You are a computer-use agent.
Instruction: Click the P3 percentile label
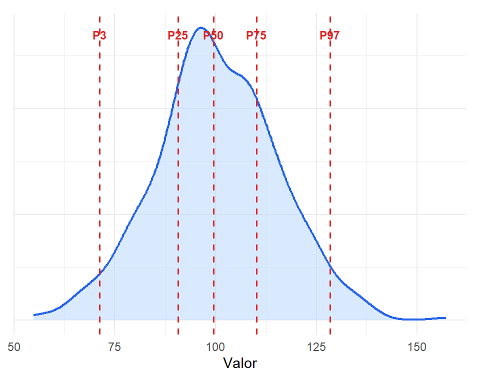pyautogui.click(x=99, y=35)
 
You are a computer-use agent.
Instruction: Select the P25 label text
pyautogui.click(x=177, y=35)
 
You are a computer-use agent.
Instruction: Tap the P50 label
pyautogui.click(x=213, y=35)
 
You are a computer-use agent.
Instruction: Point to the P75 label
pyautogui.click(x=256, y=35)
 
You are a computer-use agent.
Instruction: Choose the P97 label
pyautogui.click(x=329, y=35)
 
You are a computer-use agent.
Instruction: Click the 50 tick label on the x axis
pyautogui.click(x=14, y=347)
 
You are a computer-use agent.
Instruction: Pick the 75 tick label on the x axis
pyautogui.click(x=114, y=347)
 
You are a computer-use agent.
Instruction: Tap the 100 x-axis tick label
pyautogui.click(x=215, y=347)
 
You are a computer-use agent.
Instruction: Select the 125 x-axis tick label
pyautogui.click(x=316, y=347)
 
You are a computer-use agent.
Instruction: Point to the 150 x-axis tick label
pyautogui.click(x=417, y=347)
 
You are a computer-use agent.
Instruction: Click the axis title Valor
pyautogui.click(x=240, y=363)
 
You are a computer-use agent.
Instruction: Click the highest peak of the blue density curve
pyautogui.click(x=200, y=27)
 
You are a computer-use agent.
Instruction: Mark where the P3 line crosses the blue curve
pyautogui.click(x=100, y=274)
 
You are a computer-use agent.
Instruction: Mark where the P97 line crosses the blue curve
pyautogui.click(x=330, y=266)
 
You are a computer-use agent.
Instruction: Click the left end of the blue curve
pyautogui.click(x=33, y=315)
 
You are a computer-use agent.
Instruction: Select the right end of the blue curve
pyautogui.click(x=445, y=318)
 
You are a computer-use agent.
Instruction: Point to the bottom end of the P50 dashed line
pyautogui.click(x=213, y=334)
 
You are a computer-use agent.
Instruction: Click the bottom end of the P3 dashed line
pyautogui.click(x=100, y=334)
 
